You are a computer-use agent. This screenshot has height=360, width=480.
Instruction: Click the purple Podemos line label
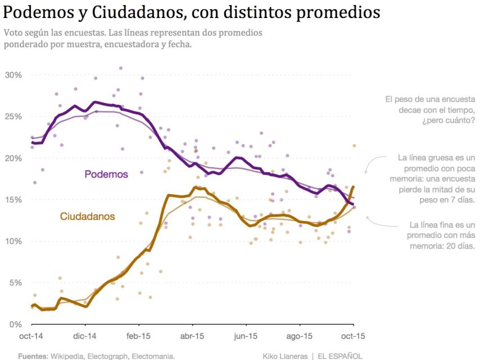[106, 174]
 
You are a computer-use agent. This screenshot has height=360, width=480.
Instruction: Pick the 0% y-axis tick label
[14, 325]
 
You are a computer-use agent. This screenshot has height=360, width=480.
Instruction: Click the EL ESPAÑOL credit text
[340, 356]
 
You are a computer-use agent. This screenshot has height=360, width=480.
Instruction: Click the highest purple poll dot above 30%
[120, 68]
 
